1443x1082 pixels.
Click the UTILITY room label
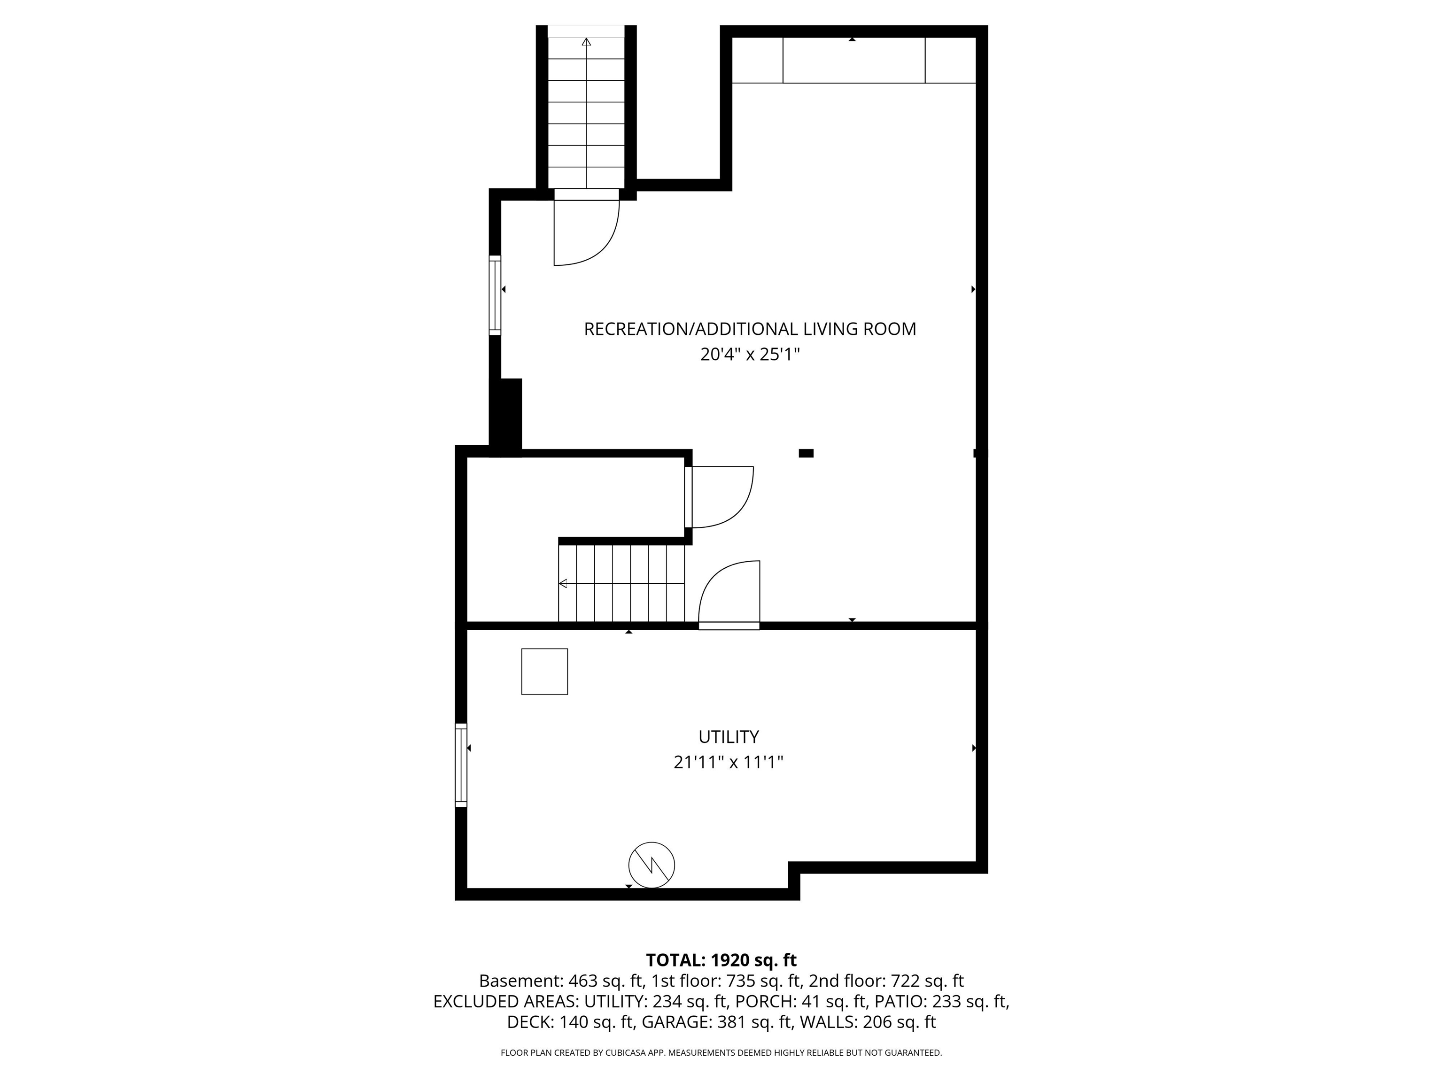(x=728, y=736)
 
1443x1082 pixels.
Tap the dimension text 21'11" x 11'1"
(x=728, y=762)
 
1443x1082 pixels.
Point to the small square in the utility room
(x=545, y=671)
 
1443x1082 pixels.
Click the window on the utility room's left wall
(x=461, y=765)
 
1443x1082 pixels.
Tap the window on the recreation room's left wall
(x=495, y=295)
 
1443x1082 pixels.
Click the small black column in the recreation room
(x=807, y=453)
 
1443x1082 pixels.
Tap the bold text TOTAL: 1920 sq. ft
(x=721, y=960)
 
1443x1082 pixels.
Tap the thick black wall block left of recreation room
(x=505, y=417)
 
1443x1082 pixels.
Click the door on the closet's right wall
(x=719, y=497)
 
